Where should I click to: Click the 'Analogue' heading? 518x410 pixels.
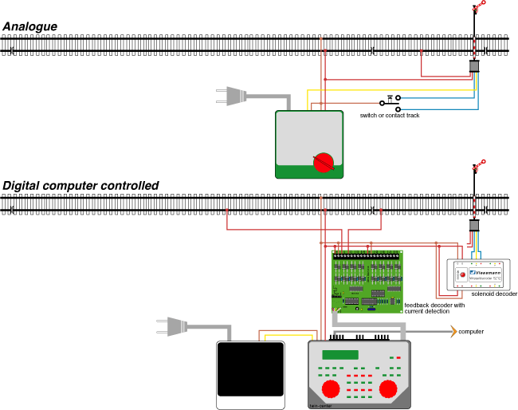(30, 26)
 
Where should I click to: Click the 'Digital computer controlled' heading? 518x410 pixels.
(80, 186)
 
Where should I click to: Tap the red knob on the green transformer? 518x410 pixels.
(323, 162)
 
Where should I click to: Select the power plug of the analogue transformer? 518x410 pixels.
(228, 97)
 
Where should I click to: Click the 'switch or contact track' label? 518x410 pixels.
(390, 116)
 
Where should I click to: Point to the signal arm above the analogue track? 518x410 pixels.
(479, 8)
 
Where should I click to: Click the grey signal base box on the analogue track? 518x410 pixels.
(474, 66)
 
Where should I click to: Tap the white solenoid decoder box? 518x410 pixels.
(481, 275)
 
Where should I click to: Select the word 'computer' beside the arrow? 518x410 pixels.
(470, 330)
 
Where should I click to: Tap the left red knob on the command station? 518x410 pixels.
(329, 388)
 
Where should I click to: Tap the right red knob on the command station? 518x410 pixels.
(389, 388)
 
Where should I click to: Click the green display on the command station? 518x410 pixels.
(339, 354)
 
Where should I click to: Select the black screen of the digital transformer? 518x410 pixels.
(251, 369)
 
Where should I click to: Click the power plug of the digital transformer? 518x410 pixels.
(169, 326)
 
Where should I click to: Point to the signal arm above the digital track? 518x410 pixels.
(479, 165)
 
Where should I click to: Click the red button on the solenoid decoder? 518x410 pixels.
(462, 276)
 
